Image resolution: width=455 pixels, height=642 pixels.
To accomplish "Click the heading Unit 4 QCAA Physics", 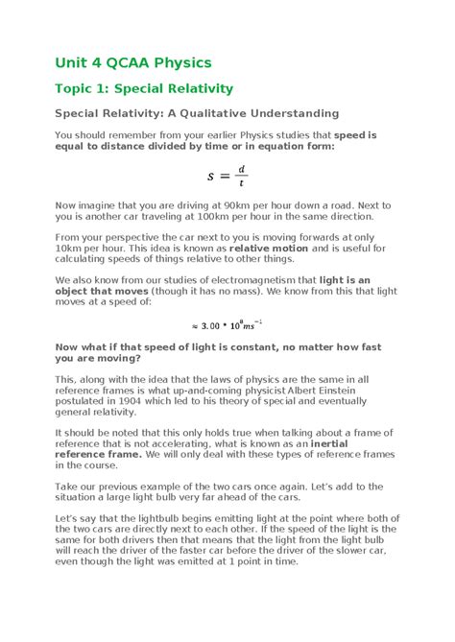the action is point(132,63).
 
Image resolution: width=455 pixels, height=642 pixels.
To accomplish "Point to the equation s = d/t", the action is point(227,176).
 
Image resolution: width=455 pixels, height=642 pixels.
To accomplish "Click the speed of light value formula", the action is point(227,324).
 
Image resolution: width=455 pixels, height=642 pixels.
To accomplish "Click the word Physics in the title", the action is point(179,63).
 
